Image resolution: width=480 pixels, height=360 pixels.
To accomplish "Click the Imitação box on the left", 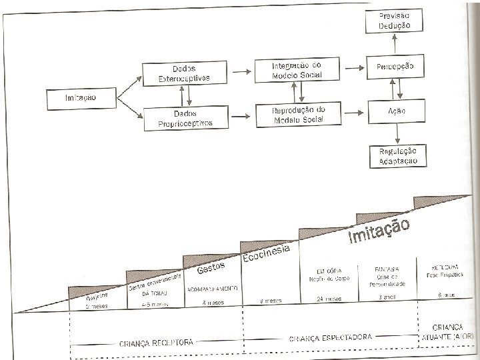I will click(x=81, y=97).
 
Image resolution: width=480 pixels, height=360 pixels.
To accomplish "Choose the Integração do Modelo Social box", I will click(x=297, y=70).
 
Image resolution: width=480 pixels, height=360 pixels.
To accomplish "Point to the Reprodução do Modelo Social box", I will click(x=297, y=115).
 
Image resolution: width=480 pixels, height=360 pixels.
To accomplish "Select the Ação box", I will click(x=396, y=111).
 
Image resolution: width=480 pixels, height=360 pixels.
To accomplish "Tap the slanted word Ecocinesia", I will click(x=265, y=254).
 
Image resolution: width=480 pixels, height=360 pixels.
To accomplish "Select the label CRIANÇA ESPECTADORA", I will click(x=331, y=338).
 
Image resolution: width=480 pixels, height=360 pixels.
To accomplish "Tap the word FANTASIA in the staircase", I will click(x=386, y=270).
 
